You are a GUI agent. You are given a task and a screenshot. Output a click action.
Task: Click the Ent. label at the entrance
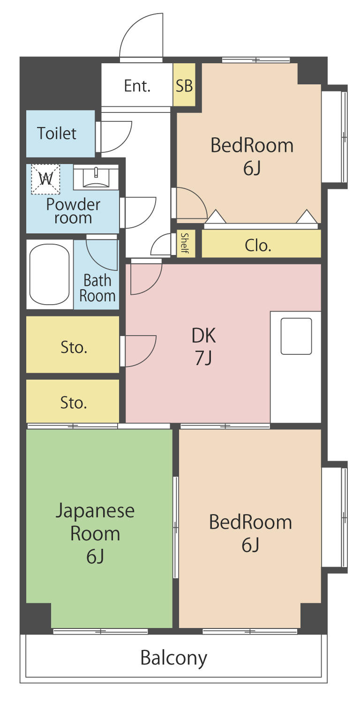tap(137, 86)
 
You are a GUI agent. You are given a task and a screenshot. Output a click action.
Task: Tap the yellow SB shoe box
tap(184, 85)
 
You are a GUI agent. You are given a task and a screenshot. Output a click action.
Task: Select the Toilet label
tap(57, 134)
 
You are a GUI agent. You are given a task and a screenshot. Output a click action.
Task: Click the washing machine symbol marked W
tap(45, 179)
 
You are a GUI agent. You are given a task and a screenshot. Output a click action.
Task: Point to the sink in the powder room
tap(96, 178)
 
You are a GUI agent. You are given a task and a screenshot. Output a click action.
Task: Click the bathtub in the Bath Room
tap(49, 274)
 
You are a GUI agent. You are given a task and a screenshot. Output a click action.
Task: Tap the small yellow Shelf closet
tap(186, 244)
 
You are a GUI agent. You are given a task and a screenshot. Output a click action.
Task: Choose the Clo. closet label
tap(258, 246)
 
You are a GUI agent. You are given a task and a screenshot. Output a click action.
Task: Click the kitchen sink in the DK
tap(296, 336)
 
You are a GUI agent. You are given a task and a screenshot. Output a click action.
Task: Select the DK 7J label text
tap(204, 346)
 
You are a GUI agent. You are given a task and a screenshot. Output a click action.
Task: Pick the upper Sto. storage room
tap(73, 344)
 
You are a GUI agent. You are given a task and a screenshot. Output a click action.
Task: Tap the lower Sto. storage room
tap(73, 401)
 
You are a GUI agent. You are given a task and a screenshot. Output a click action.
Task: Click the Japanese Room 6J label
tap(95, 533)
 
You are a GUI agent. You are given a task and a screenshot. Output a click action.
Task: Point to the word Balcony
tap(173, 658)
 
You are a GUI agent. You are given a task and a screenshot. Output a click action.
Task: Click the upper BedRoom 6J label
tap(252, 157)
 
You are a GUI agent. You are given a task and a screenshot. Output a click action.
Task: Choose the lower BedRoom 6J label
tap(250, 533)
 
